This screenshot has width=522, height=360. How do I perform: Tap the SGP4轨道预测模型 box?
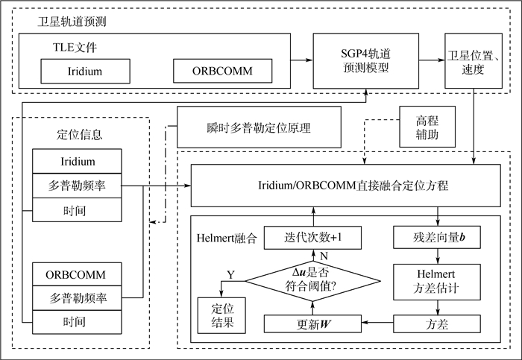click(x=364, y=62)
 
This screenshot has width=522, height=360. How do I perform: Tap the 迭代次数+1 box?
click(x=313, y=238)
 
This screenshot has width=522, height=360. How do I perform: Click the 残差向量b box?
click(x=436, y=238)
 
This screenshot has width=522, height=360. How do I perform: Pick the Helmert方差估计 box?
click(x=436, y=281)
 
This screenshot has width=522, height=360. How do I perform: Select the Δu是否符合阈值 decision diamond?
click(x=313, y=281)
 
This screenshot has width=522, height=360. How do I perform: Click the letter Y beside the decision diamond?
click(x=230, y=275)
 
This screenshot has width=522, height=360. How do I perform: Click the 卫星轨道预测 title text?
click(x=72, y=22)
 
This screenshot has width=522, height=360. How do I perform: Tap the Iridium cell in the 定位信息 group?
click(x=78, y=161)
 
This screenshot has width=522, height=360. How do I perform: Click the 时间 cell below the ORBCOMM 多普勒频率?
click(x=78, y=321)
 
